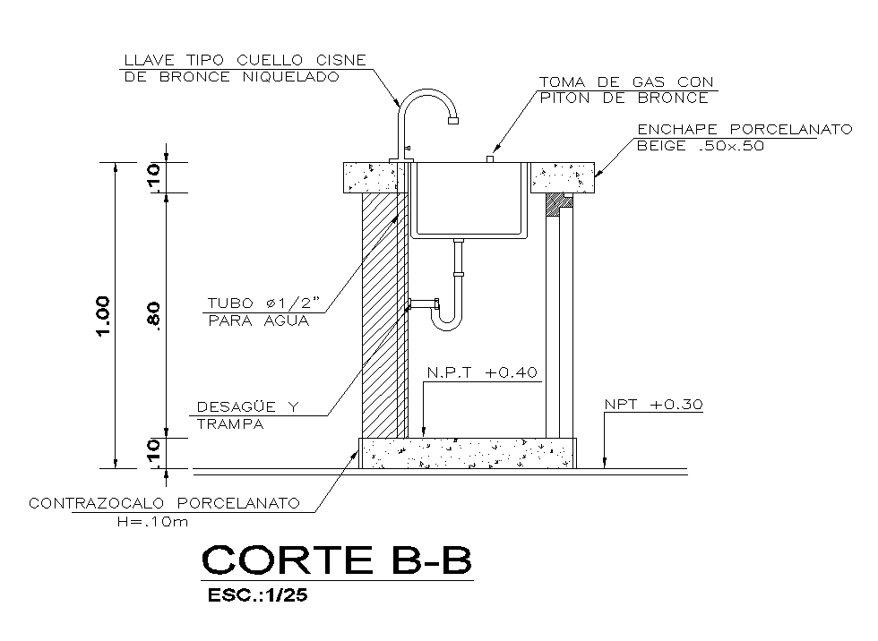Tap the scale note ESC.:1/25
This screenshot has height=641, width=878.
(257, 595)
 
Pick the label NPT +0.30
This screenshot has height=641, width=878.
(654, 405)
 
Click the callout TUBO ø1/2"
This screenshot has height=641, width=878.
(265, 303)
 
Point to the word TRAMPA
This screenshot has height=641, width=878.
(230, 424)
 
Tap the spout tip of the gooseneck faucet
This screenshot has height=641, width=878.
(453, 117)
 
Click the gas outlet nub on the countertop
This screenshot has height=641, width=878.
(490, 158)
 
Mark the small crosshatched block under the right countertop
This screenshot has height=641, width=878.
(559, 204)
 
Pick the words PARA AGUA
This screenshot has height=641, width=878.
(258, 320)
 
